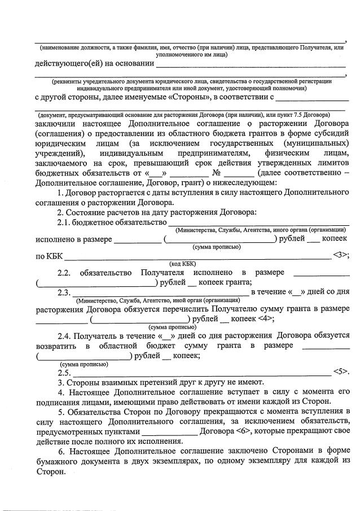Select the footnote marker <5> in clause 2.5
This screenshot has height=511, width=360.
pyautogui.click(x=341, y=372)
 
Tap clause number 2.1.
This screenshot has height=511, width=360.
pyautogui.click(x=74, y=222)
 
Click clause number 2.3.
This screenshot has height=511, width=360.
pyautogui.click(x=64, y=292)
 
